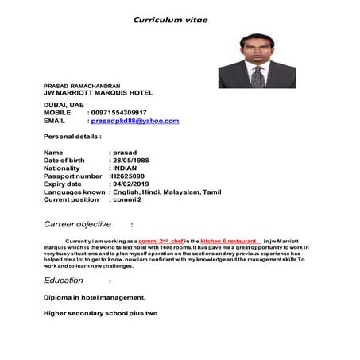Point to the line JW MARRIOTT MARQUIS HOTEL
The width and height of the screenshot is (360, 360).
pos(98,92)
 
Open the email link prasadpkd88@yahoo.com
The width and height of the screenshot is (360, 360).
pos(135,121)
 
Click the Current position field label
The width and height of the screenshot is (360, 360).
pos(71,199)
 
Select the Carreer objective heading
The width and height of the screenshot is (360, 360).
pos(77,224)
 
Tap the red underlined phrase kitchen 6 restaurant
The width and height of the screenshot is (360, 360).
pos(229,240)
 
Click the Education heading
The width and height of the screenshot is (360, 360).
pos(64,281)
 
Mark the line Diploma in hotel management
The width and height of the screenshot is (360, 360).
pos(95,297)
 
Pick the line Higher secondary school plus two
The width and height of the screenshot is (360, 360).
pos(101,313)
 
